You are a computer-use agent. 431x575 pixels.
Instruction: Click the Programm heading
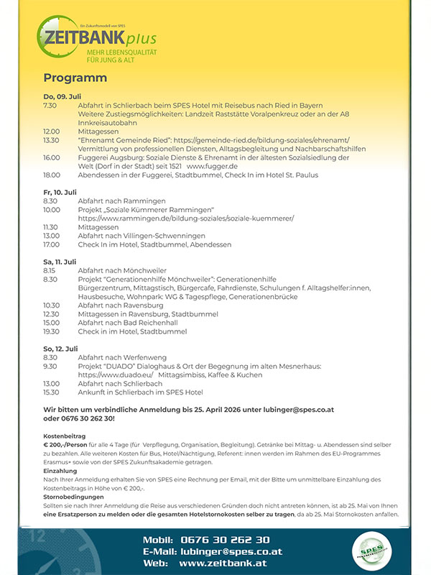[x=75, y=78]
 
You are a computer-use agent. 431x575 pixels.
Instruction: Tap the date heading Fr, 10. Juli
[x=60, y=192]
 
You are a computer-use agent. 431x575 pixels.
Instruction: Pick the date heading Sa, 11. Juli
[x=60, y=262]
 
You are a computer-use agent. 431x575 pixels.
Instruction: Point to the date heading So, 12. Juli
[x=60, y=349]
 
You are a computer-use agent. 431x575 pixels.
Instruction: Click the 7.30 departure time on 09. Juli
[x=50, y=106]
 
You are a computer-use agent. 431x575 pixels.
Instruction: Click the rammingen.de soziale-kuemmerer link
[x=186, y=218]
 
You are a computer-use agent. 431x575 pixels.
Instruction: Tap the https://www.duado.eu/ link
[x=115, y=375]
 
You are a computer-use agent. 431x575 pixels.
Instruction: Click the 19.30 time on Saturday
[x=51, y=331]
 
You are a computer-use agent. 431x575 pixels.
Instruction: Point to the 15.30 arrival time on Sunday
[x=51, y=392]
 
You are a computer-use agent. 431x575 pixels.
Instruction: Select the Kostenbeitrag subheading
[x=65, y=436]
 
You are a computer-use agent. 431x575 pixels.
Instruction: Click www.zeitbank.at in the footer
[x=223, y=563]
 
